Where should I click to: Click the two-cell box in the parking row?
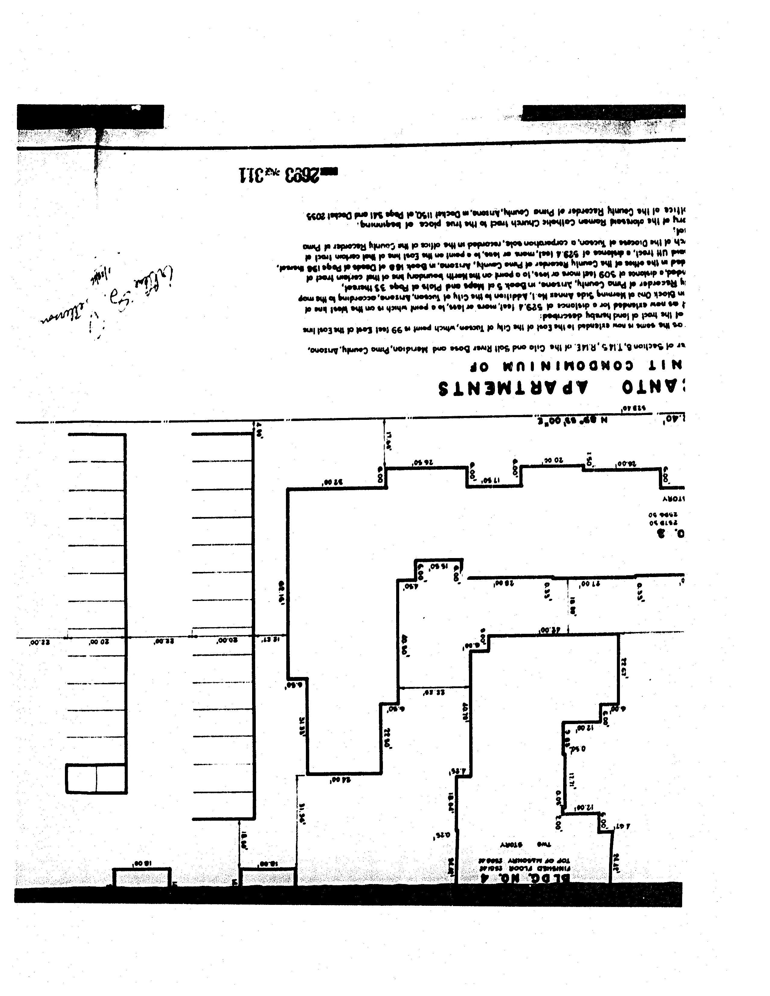[96, 778]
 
